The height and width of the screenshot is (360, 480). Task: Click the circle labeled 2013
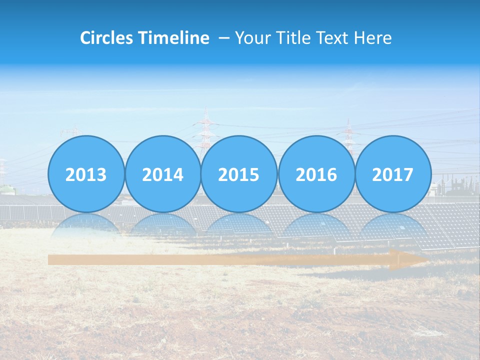[x=86, y=174]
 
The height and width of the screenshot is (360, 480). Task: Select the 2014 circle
[x=162, y=174]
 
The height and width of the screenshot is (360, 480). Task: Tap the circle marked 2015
[x=239, y=174]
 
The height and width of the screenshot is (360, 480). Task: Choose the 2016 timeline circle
[x=316, y=174]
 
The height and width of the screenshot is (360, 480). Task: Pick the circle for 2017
[x=392, y=174]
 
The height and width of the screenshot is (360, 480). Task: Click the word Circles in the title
[x=106, y=38]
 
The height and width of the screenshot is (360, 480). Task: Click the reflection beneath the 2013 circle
[x=86, y=225]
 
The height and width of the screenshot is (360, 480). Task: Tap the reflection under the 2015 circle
[x=239, y=225]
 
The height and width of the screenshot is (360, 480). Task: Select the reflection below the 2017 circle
[x=392, y=225]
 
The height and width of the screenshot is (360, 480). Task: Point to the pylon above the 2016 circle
[x=348, y=131]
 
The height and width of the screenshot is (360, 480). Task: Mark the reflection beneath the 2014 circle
[x=162, y=225]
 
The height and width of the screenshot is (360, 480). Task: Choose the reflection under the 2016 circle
[x=316, y=225]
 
